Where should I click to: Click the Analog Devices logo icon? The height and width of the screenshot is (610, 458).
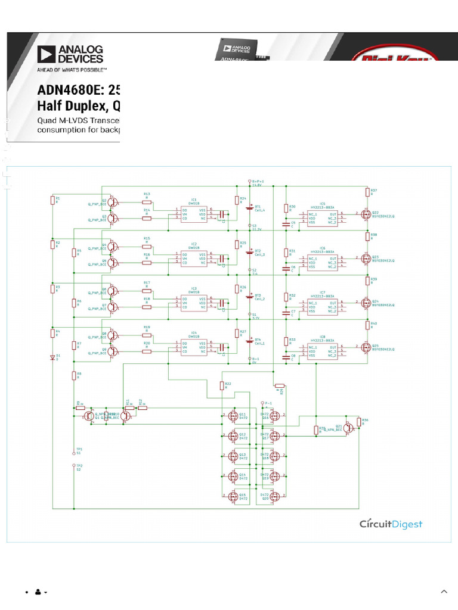pos(47,54)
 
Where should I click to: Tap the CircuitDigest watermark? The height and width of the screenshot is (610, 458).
pos(391,524)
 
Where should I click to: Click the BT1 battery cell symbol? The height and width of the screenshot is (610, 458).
pos(249,208)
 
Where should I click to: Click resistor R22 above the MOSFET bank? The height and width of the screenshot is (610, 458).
pos(221,385)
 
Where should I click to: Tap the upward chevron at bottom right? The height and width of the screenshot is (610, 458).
pos(444,592)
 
